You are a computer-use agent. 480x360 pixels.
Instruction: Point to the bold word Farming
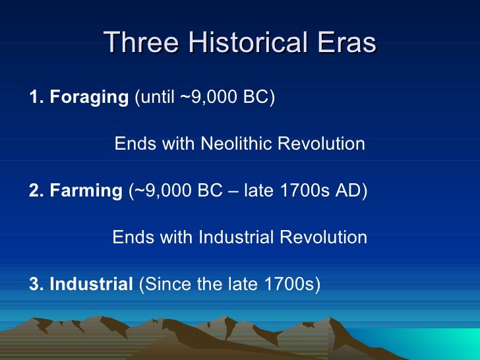[x=85, y=191]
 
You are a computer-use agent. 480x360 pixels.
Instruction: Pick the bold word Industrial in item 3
[x=91, y=284]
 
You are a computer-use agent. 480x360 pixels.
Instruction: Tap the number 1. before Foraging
[x=37, y=98]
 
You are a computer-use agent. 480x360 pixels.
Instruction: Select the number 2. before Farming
[x=37, y=191]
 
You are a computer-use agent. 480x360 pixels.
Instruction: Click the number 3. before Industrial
[x=37, y=284]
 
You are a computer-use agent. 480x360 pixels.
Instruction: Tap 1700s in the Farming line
[x=305, y=191]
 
